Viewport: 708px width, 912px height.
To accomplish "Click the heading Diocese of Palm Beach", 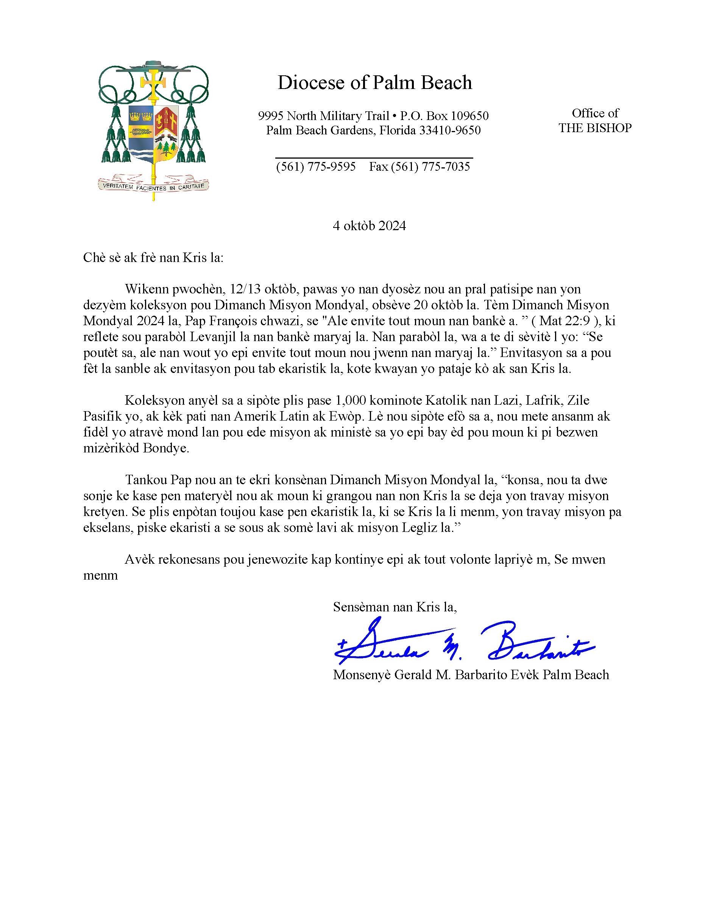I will (x=375, y=83).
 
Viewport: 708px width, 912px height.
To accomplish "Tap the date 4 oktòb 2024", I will (x=369, y=226).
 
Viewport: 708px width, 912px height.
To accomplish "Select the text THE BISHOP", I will (x=595, y=128).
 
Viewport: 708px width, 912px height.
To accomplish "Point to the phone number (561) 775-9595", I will (x=316, y=167).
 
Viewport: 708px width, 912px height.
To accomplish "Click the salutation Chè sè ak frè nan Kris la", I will (x=153, y=258).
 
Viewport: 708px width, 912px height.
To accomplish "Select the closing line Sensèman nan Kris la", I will (x=395, y=606).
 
